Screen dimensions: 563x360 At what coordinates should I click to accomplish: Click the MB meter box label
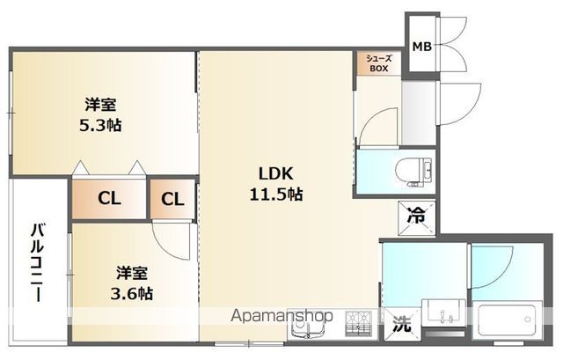click(421, 47)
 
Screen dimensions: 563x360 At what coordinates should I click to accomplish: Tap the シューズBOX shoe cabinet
click(379, 63)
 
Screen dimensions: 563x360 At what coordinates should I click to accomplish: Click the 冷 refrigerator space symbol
click(416, 217)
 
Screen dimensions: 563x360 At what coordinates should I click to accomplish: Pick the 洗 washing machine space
click(401, 324)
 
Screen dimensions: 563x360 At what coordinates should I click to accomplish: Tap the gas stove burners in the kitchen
click(358, 323)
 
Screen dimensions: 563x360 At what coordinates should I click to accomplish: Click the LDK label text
click(275, 173)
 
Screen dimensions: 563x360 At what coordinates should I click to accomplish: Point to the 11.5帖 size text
click(275, 195)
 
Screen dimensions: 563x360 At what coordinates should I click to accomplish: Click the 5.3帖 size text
click(100, 125)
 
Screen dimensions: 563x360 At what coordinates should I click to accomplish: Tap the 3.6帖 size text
click(131, 293)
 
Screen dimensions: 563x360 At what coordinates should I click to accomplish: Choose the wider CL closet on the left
click(109, 198)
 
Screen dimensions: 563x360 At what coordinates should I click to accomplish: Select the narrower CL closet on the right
click(172, 199)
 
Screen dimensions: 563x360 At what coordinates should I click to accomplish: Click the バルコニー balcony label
click(37, 262)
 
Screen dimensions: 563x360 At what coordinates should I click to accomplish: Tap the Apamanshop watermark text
click(281, 316)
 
